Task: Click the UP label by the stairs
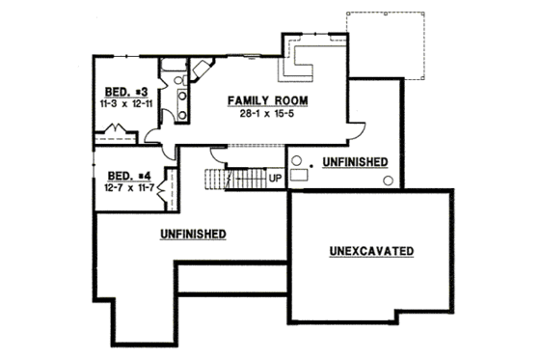coord(274,179)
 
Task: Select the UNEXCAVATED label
coord(371,251)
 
